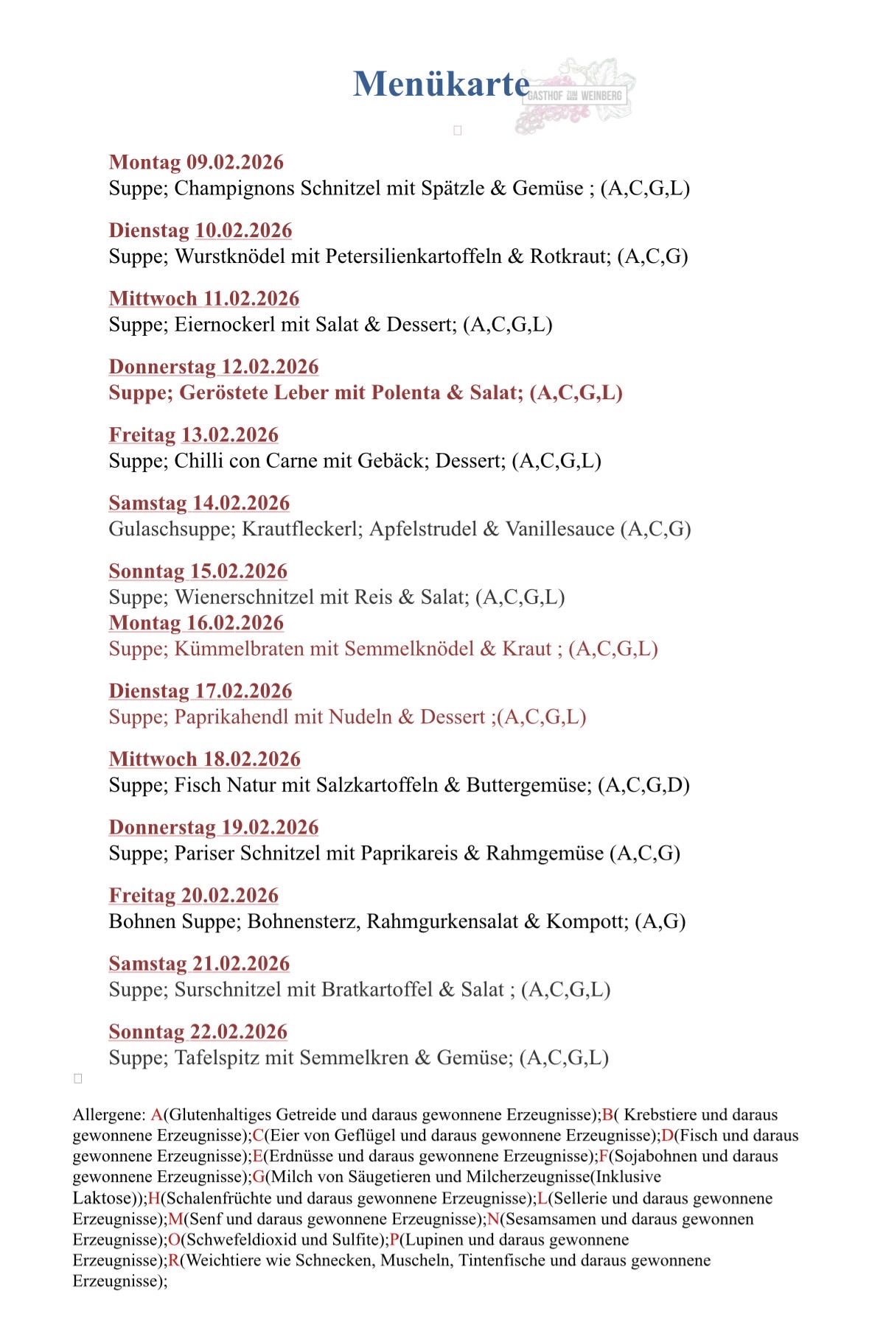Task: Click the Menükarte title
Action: click(441, 84)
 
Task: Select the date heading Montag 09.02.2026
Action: click(196, 162)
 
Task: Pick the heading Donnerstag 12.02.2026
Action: click(214, 367)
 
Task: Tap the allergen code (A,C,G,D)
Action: click(643, 785)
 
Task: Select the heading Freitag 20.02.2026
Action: click(194, 896)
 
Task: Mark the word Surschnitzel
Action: click(228, 989)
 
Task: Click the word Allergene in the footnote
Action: click(109, 1115)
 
